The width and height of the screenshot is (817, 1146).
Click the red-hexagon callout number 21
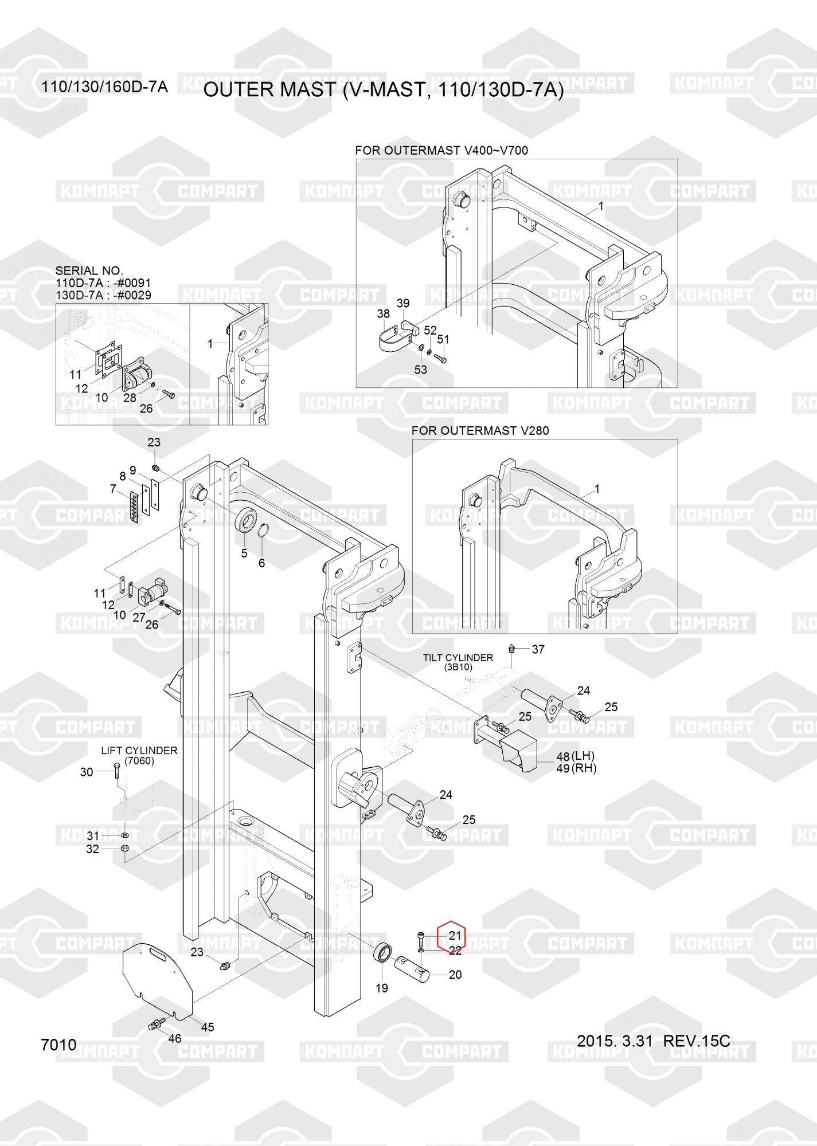point(454,935)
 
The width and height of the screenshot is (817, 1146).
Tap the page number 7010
point(58,1045)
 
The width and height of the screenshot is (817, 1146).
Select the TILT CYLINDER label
point(458,658)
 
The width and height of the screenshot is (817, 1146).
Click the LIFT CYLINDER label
point(139,751)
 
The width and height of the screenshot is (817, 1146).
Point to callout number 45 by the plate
point(207,1027)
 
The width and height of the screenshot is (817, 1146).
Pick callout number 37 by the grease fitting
point(538,649)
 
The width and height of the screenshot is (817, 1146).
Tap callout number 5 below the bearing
point(244,554)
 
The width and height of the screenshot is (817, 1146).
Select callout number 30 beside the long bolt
point(86,772)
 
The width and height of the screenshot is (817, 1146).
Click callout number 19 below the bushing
point(381,988)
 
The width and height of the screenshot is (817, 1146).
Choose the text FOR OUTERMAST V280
point(480,430)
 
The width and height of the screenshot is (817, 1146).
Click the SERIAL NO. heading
point(89,270)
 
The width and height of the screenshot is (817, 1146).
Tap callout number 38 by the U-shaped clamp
point(383,313)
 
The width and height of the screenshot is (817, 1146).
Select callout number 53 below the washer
point(420,370)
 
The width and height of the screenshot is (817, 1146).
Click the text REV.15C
point(696,1041)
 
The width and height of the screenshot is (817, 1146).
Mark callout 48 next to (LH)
point(562,757)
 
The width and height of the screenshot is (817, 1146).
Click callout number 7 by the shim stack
point(112,489)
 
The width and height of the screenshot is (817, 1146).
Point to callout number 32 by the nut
point(92,849)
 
